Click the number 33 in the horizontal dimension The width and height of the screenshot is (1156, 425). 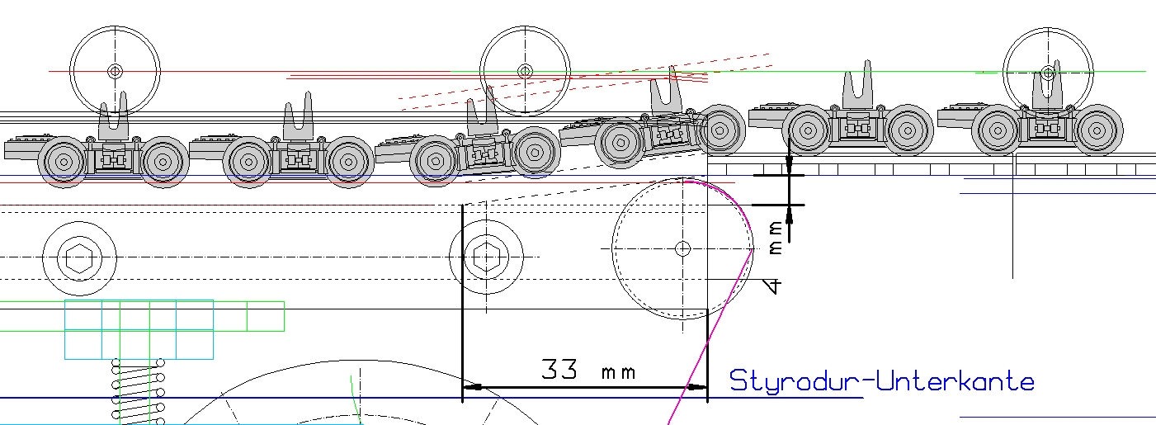pos(559,370)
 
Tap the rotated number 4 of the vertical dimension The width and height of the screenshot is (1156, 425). pos(772,286)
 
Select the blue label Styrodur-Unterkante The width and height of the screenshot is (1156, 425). pos(882,381)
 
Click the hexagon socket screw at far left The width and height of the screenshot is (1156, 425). pos(79,258)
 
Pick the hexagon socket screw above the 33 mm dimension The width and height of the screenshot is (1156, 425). pos(486,257)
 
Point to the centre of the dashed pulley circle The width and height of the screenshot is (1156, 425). pos(682,249)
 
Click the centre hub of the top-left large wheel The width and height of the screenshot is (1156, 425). pos(115,71)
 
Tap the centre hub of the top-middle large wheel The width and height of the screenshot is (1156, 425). pos(525,71)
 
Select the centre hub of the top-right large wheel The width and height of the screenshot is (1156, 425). pos(1048,73)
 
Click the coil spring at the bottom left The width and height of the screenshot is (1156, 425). pos(138,390)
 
